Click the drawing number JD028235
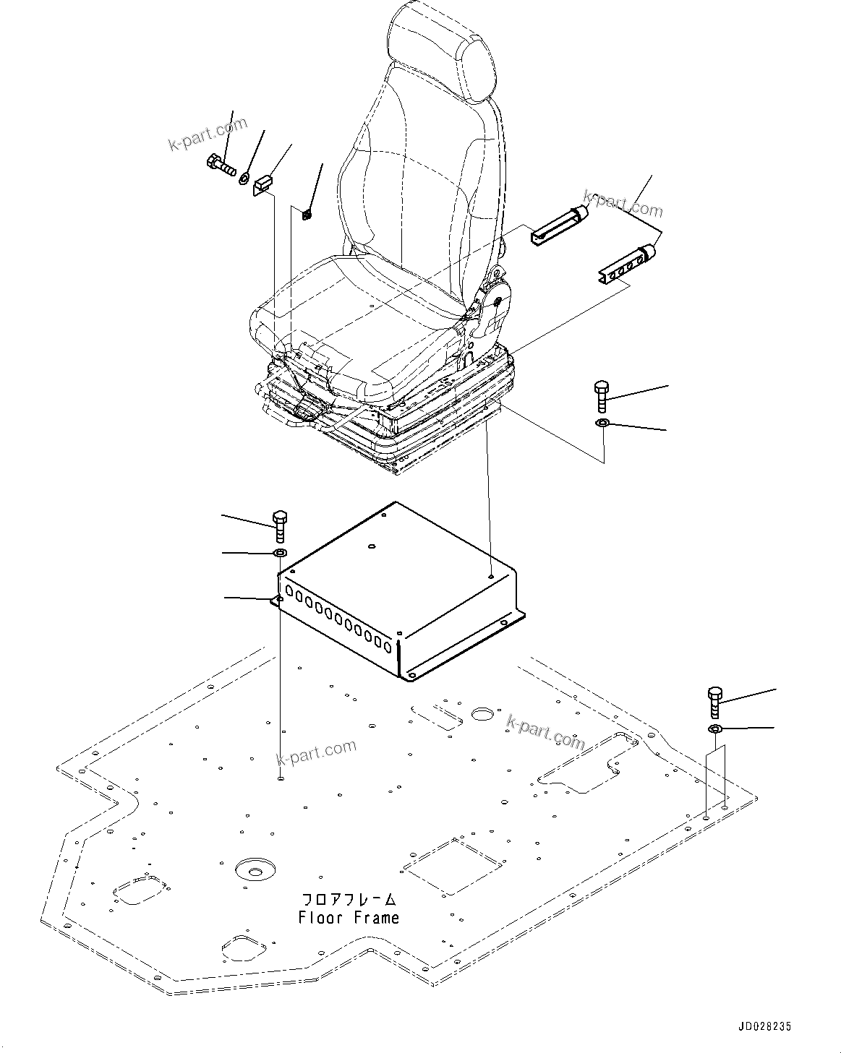(765, 1026)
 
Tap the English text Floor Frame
(349, 918)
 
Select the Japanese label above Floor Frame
(349, 900)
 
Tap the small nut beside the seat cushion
(306, 213)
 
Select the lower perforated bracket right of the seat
(626, 265)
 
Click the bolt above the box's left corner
(280, 525)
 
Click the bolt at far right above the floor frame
(714, 703)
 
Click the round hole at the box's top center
(372, 546)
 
